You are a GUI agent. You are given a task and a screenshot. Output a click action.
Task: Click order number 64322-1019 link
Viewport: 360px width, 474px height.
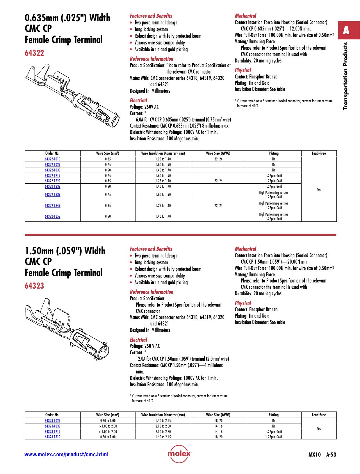[x=53, y=159]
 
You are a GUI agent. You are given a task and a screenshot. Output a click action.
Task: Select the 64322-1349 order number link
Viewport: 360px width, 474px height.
[x=53, y=205]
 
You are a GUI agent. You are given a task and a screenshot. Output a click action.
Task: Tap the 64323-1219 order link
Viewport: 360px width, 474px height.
[x=53, y=432]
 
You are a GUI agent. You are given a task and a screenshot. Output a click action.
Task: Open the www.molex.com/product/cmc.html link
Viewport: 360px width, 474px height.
[x=66, y=455]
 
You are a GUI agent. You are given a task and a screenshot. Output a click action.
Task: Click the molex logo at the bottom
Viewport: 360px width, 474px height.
[x=179, y=454]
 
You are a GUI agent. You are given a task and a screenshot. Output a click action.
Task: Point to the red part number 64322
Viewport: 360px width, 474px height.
[x=34, y=53]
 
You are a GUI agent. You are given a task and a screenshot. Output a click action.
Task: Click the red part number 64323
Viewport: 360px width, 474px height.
[x=34, y=286]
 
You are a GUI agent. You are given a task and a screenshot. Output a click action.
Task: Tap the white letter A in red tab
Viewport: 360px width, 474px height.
[x=346, y=30]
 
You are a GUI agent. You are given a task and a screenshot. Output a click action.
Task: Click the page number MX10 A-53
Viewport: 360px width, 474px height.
[x=322, y=455]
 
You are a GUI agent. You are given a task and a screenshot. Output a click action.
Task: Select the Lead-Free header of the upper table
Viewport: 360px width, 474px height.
[x=319, y=153]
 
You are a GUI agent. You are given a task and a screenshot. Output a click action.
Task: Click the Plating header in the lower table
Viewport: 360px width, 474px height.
[x=273, y=415]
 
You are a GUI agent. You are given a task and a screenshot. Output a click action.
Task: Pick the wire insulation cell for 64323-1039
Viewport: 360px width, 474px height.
[x=163, y=426]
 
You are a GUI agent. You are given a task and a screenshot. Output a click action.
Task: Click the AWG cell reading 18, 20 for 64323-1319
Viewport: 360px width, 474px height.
[x=218, y=437]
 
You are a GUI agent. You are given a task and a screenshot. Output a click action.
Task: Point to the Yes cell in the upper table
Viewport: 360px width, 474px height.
[x=319, y=189]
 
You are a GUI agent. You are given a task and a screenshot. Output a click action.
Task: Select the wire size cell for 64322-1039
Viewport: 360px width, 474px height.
[x=108, y=170]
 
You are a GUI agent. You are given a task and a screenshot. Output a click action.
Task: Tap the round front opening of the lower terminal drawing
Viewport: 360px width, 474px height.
[x=104, y=352]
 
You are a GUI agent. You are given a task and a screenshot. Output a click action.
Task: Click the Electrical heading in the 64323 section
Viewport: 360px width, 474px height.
[x=138, y=340]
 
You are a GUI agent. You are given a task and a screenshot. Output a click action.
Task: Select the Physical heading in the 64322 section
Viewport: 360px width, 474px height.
[x=243, y=70]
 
